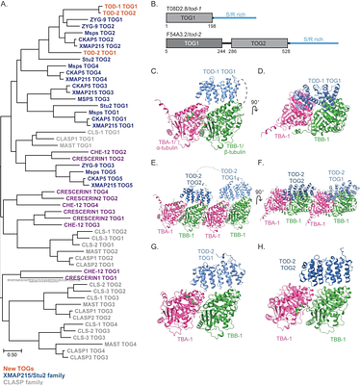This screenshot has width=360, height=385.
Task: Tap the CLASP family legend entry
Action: click(23, 382)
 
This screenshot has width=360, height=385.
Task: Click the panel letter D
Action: click(265, 71)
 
